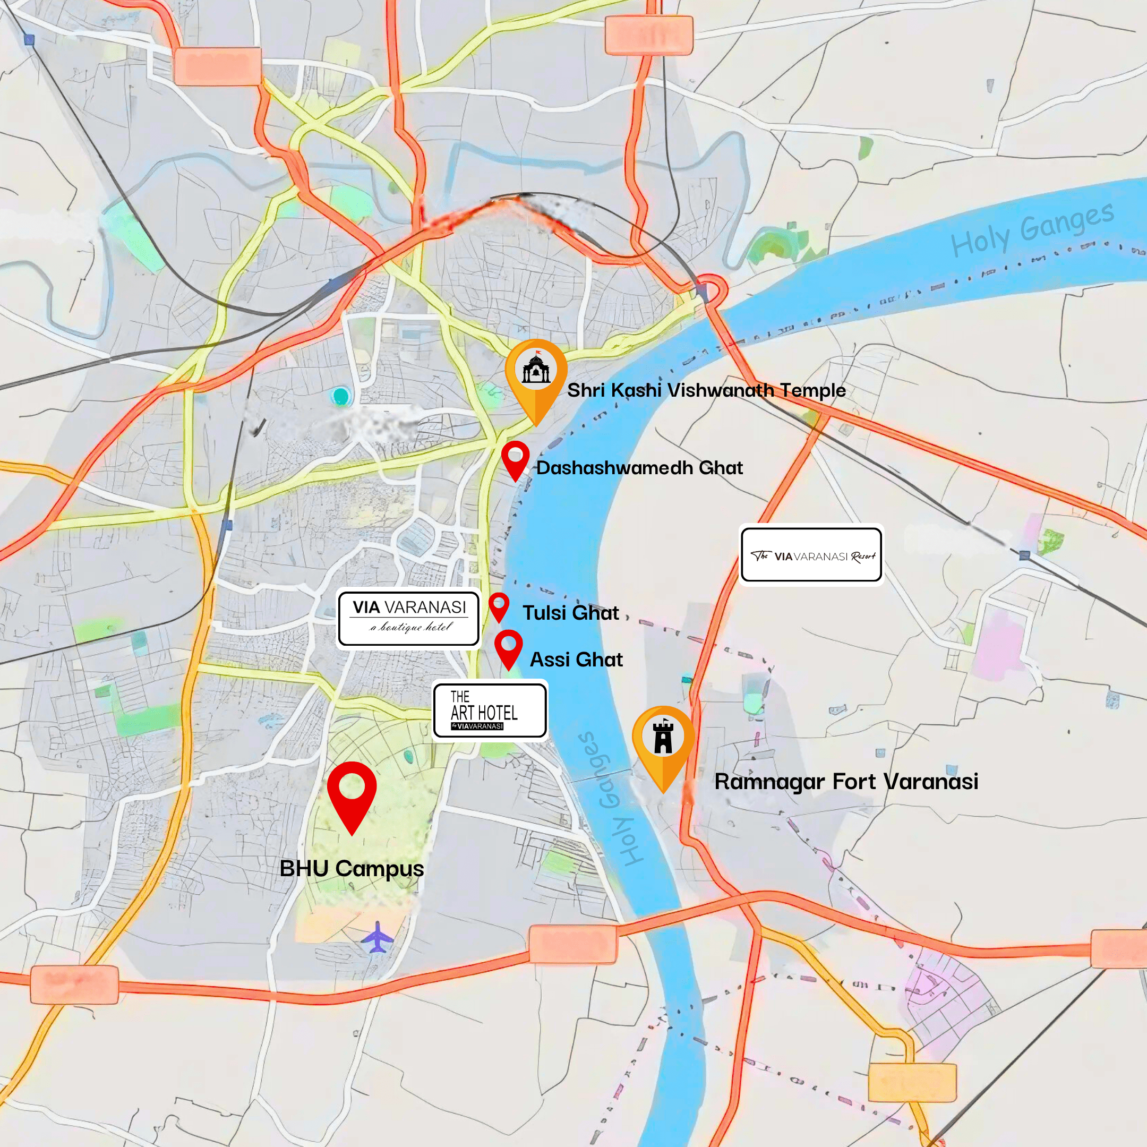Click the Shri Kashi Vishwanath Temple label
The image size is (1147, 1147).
click(706, 390)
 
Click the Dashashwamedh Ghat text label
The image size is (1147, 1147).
click(639, 468)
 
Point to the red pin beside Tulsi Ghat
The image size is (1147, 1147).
click(499, 604)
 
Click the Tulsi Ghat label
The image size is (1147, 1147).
click(570, 613)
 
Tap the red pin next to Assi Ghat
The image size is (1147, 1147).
click(508, 645)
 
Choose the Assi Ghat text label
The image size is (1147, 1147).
click(576, 660)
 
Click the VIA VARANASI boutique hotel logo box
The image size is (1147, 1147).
click(408, 618)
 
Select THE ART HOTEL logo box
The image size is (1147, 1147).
click(490, 711)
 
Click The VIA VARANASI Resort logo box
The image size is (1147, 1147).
click(811, 555)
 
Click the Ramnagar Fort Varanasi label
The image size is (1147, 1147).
click(846, 781)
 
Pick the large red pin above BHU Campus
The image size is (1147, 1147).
click(352, 790)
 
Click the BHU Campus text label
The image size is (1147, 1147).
click(352, 869)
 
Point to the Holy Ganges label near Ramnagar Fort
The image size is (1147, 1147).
click(610, 799)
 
